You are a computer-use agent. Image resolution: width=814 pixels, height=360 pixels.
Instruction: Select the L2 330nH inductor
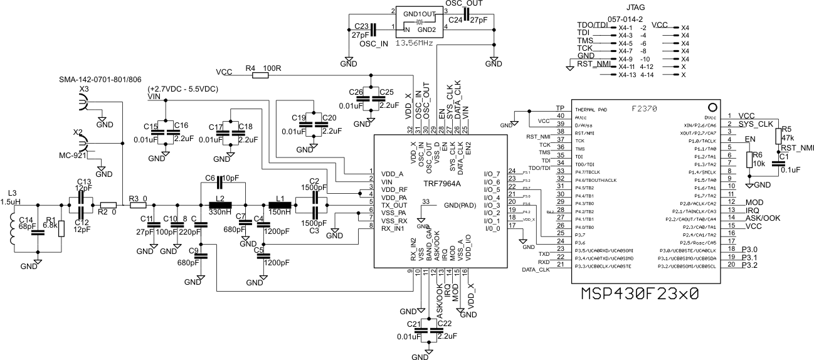coord(220,205)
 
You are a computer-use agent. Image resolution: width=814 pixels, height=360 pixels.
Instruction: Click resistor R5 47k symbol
coord(778,136)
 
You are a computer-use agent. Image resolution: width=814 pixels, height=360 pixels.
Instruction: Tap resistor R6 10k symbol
coord(748,160)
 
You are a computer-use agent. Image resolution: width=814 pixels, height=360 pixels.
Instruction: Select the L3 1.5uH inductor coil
coord(14,227)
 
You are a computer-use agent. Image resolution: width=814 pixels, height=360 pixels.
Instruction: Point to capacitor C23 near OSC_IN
coord(373,29)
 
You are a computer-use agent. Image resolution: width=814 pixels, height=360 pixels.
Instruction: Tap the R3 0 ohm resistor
coord(137,205)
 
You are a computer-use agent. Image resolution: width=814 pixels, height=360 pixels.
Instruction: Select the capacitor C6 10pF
coord(220,183)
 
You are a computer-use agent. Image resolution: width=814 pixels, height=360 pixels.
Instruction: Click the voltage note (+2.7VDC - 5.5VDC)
coord(183,89)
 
